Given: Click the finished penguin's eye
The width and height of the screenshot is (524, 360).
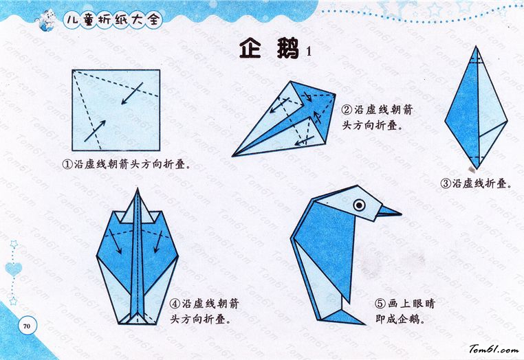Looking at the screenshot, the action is click(359, 205).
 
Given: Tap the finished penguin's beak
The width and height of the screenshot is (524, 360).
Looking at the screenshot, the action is click(389, 212).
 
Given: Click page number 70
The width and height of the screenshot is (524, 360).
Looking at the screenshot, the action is click(27, 326).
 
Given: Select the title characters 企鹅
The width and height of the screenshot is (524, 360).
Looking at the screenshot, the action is click(269, 49).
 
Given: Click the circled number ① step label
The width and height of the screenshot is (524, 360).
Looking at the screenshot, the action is click(67, 164).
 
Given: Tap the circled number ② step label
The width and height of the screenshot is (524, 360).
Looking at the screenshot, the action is click(347, 109).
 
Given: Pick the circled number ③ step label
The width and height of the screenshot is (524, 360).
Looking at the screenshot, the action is click(446, 183).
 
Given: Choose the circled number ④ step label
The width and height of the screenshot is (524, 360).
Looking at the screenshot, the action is click(175, 304).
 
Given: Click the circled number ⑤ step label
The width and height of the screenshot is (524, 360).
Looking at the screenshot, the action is click(380, 304).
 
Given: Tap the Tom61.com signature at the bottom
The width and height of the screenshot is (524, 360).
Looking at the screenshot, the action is click(494, 349).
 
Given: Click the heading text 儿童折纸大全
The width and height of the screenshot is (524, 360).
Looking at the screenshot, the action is click(113, 20).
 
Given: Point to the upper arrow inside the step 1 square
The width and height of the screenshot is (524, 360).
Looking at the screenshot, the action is click(132, 93).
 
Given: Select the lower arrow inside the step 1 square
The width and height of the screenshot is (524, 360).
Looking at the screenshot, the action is click(95, 131).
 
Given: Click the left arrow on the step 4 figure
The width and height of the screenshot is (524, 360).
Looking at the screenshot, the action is click(115, 241).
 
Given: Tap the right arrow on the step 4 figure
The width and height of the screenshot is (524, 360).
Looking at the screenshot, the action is click(157, 242).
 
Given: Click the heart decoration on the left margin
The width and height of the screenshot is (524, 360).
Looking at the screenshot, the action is click(14, 269).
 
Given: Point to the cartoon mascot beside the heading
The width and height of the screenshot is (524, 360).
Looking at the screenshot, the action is click(45, 20).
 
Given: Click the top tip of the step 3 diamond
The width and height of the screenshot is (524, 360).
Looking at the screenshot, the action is click(476, 47).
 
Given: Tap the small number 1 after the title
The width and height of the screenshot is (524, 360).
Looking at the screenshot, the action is click(309, 51).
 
